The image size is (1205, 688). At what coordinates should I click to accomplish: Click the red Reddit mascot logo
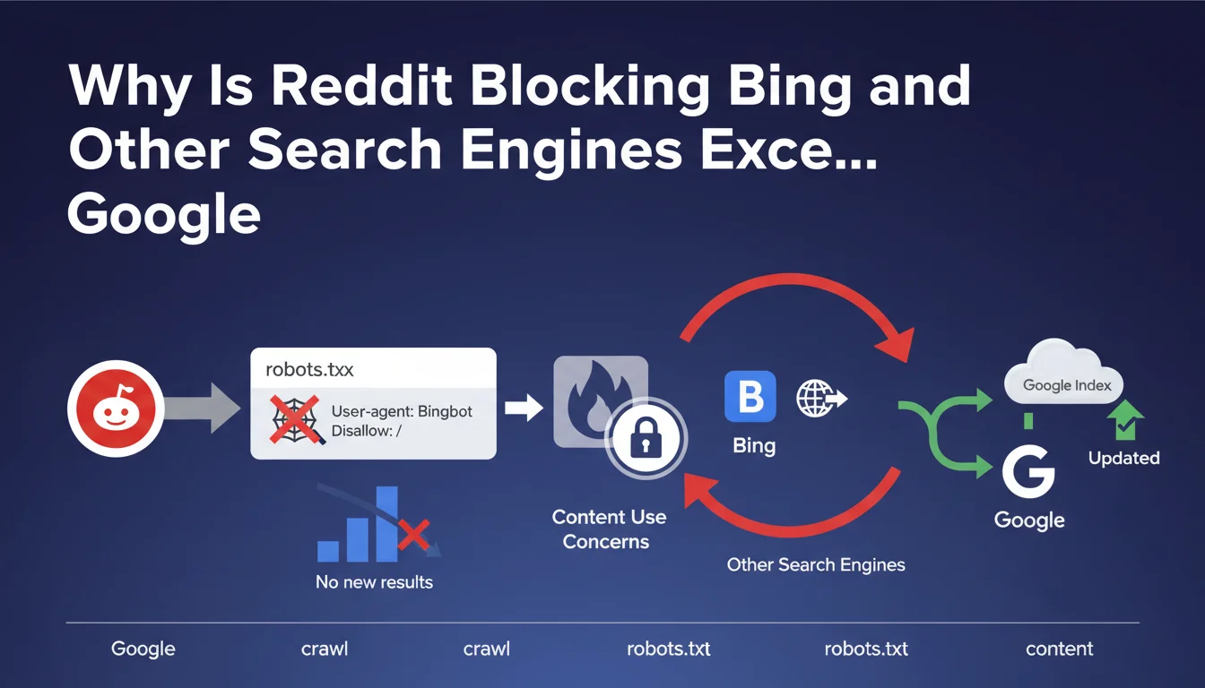[x=116, y=409]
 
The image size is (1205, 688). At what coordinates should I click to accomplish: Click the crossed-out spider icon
[x=296, y=418]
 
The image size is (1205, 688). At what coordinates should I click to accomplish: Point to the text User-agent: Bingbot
[x=402, y=412]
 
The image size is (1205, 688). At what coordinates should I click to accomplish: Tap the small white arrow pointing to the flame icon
[x=524, y=408]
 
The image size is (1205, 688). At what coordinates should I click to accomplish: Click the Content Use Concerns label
[x=608, y=529]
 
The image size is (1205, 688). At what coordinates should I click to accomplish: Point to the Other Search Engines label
[x=815, y=565]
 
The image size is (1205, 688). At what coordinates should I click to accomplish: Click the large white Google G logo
[x=1028, y=471]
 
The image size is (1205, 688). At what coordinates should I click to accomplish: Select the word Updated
[x=1123, y=458]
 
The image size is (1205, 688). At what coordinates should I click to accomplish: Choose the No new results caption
[x=374, y=582]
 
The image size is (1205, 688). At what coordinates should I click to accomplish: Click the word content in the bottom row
[x=1059, y=649]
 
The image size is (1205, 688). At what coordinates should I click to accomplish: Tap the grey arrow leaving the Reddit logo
[x=204, y=409]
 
